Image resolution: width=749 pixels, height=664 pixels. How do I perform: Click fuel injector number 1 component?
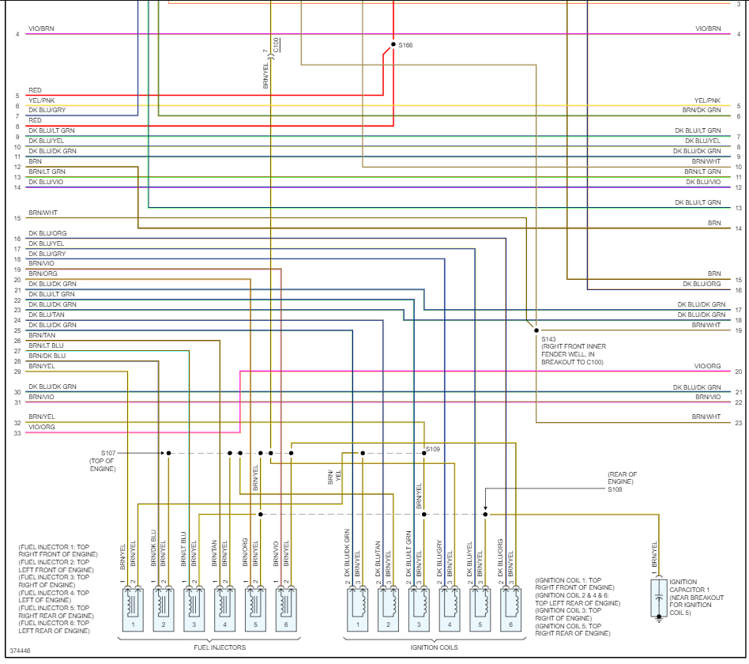134,609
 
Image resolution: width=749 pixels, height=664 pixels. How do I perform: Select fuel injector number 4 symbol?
225,609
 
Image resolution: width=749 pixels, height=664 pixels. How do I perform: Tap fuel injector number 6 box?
286,609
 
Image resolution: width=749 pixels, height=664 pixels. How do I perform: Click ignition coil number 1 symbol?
358,609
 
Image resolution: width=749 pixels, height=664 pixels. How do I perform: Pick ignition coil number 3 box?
419,609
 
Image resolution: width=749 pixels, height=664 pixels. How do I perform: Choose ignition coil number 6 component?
510,609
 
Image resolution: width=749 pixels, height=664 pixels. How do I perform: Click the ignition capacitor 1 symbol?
658,598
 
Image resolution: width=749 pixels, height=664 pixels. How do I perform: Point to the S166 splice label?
405,45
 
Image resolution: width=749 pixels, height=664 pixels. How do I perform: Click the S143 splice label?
549,339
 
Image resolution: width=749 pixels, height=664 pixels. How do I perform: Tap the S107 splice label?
102,453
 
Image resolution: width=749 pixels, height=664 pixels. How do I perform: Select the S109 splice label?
433,449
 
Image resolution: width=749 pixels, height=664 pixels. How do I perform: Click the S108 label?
615,489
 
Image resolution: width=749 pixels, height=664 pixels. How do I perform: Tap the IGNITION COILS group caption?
434,647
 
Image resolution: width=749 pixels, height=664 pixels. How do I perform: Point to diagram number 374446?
20,650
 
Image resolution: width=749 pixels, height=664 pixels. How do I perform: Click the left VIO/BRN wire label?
41,28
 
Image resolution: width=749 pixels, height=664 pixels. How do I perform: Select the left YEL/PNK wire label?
42,100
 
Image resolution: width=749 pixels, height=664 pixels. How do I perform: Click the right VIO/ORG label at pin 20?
707,366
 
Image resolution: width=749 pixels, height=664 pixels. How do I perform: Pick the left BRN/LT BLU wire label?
46,345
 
